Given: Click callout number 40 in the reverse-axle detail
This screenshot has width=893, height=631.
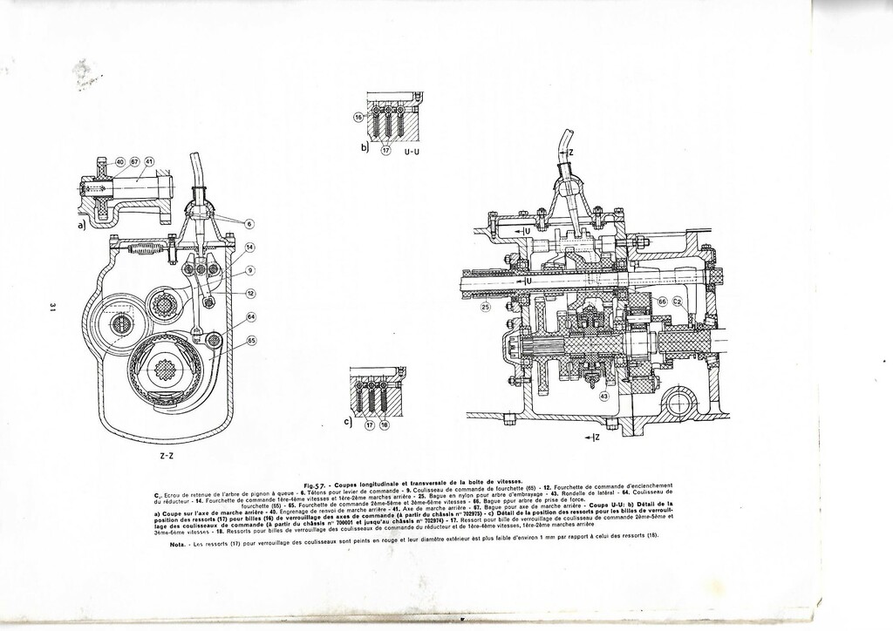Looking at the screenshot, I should pyautogui.click(x=121, y=162).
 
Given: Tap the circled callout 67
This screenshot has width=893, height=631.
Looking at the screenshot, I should pyautogui.click(x=135, y=162).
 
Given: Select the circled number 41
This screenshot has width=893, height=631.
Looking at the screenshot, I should pyautogui.click(x=149, y=162).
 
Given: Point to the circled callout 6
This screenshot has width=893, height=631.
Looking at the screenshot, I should pyautogui.click(x=249, y=224).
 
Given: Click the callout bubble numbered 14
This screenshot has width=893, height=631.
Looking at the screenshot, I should pyautogui.click(x=249, y=248).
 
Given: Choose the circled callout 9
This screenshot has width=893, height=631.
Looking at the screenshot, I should pyautogui.click(x=249, y=270).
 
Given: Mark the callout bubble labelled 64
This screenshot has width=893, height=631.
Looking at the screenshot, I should pyautogui.click(x=251, y=317).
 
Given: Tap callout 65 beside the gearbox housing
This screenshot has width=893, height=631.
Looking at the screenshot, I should pyautogui.click(x=251, y=340).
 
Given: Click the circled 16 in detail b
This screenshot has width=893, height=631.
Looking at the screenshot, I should pyautogui.click(x=358, y=117).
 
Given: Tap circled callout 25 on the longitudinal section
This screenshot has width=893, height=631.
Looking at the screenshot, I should pyautogui.click(x=485, y=308).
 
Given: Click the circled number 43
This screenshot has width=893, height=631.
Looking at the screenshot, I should pyautogui.click(x=603, y=397).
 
